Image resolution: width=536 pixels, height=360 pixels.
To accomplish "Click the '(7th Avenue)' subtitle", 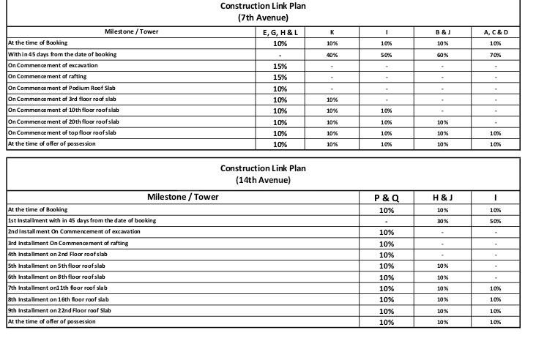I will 263,18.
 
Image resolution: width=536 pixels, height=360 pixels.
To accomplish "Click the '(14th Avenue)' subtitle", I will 263,179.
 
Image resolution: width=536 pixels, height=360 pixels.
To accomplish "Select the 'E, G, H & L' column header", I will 280,33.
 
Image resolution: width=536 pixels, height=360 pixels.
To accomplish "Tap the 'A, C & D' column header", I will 495,32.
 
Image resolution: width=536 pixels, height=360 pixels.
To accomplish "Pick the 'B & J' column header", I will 442,32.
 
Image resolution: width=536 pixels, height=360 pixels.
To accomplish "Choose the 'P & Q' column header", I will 387,198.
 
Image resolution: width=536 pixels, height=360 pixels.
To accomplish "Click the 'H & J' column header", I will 442,198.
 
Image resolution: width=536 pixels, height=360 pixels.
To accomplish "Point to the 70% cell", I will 495,55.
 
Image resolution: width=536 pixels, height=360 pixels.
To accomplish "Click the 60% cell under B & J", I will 442,55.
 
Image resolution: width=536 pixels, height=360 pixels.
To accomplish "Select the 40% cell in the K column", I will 332,55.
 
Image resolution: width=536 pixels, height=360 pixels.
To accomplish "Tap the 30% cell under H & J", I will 442,221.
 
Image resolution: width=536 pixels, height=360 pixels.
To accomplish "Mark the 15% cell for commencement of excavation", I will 280,66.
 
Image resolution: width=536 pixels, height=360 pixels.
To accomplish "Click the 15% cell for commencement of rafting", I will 280,78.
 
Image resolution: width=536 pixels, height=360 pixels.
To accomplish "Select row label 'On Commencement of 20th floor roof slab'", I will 62,121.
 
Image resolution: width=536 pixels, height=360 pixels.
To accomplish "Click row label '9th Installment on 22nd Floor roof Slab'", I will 60,310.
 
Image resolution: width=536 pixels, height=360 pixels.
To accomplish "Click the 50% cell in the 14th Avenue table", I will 495,221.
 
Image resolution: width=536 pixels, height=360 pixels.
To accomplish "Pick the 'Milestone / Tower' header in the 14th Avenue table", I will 183,197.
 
